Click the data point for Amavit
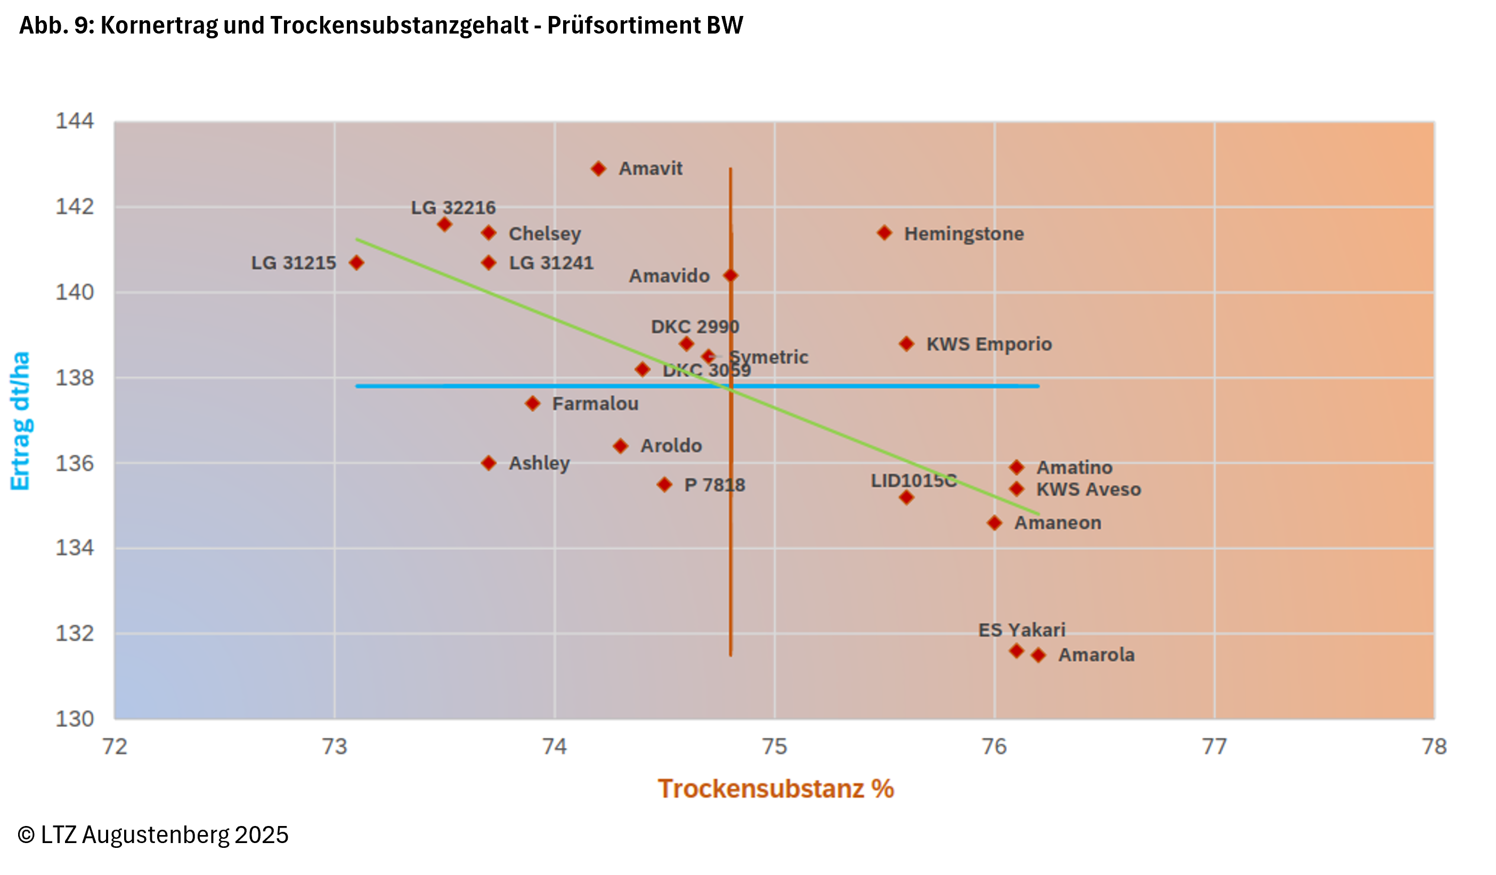click(x=598, y=169)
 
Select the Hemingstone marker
click(x=884, y=233)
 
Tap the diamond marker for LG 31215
click(x=356, y=263)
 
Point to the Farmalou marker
click(x=533, y=404)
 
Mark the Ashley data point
click(x=489, y=463)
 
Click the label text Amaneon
click(x=1058, y=523)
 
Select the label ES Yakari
click(x=1022, y=630)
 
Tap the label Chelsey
click(x=544, y=233)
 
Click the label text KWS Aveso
click(x=1088, y=489)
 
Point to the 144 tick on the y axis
click(x=75, y=121)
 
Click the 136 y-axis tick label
click(x=75, y=463)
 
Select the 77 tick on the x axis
click(x=1214, y=746)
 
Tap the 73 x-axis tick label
click(x=335, y=746)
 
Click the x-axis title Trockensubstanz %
click(x=775, y=789)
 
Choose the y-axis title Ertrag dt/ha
click(x=20, y=420)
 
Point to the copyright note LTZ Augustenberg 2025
click(x=153, y=835)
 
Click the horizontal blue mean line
click(x=534, y=386)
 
